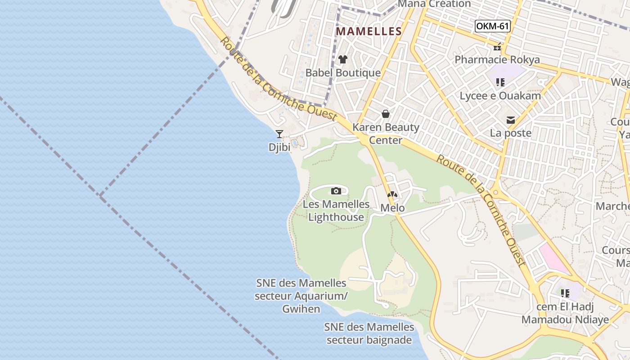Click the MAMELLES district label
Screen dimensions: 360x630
(x=369, y=31)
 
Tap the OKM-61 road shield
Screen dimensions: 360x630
(x=492, y=26)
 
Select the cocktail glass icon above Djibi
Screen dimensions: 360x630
(x=279, y=134)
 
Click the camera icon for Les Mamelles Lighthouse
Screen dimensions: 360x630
(x=336, y=191)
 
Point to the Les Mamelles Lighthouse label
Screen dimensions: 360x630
(x=336, y=211)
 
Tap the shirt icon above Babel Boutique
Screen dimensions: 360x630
(x=343, y=59)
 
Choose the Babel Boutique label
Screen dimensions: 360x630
(x=343, y=73)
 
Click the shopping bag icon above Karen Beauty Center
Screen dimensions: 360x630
(x=386, y=114)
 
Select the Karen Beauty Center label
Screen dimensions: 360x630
(x=386, y=134)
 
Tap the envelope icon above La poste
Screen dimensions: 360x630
(x=511, y=120)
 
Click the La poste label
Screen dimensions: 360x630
(x=511, y=133)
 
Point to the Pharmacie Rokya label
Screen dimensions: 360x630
(x=497, y=60)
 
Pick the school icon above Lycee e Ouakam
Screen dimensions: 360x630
(x=500, y=82)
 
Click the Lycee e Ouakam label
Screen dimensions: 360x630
(x=500, y=96)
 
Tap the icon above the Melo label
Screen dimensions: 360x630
(x=392, y=195)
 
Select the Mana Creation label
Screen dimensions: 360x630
(x=435, y=4)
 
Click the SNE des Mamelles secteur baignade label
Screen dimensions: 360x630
(x=369, y=333)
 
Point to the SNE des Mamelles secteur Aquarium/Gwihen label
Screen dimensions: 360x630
(x=301, y=296)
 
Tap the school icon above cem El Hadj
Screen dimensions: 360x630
(x=565, y=293)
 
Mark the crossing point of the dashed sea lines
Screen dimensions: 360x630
(x=100, y=195)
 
